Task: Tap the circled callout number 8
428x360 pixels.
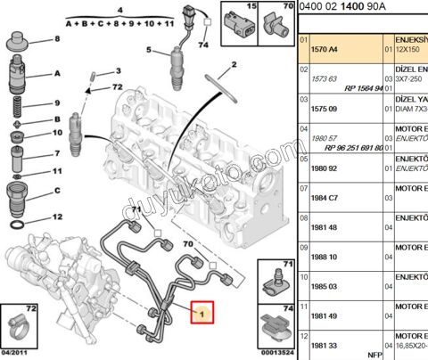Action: point(59,39)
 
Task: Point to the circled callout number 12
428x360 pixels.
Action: point(59,217)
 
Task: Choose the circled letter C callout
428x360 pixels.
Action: point(59,190)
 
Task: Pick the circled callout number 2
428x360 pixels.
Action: point(234,65)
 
